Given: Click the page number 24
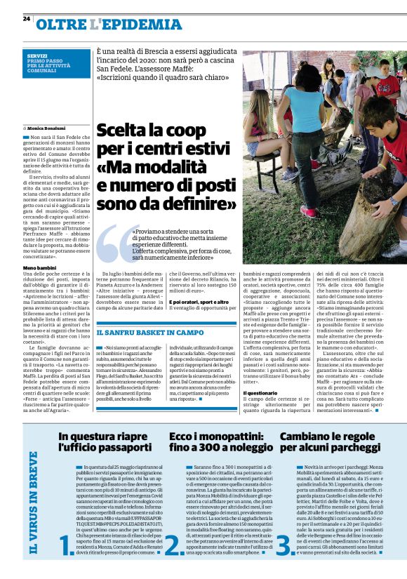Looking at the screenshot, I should [26, 18].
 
